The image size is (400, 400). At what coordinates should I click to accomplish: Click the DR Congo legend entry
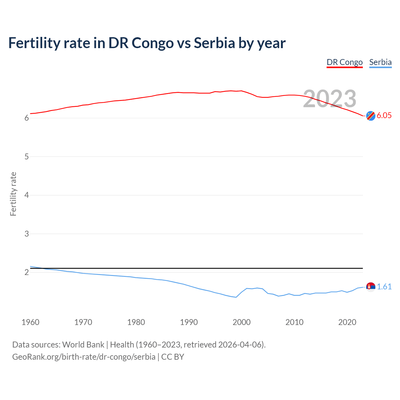coord(344,62)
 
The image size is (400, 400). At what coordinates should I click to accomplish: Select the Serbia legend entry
coord(380,62)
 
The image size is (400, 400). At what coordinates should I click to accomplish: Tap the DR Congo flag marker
coord(371,116)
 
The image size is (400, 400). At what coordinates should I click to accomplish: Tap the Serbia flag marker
coord(371,287)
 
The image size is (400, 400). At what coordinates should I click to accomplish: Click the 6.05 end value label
coord(384,115)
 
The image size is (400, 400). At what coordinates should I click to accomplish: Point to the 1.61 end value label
coord(384,287)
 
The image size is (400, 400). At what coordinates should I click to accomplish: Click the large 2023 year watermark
coord(330,99)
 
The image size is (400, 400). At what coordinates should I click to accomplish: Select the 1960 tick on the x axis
coord(30,322)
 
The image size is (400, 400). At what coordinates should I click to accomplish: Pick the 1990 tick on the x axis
coord(189,322)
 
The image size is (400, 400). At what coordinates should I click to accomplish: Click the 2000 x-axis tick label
coord(242,322)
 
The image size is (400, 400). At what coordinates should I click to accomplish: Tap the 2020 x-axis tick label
coord(347,322)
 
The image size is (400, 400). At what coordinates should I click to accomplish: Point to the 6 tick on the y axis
coord(27,118)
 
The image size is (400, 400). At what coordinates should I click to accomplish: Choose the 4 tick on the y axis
coord(27,195)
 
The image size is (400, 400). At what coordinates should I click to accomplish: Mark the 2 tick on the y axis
coord(27,272)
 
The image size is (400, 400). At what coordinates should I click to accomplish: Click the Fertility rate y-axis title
coord(13,194)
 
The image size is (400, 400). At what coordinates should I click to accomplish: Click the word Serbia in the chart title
coord(214,43)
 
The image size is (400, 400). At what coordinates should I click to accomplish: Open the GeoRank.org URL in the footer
coord(84,357)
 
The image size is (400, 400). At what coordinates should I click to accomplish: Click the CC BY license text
coord(172,357)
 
